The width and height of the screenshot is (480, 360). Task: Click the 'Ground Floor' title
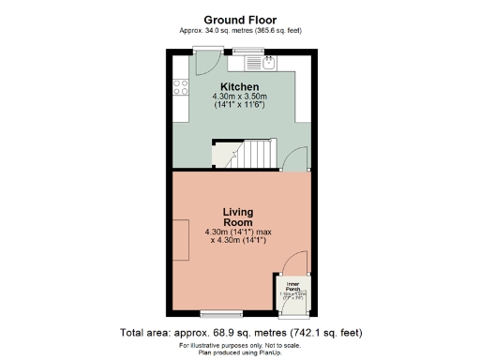coord(240,19)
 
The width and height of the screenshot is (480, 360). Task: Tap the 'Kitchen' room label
coord(240,86)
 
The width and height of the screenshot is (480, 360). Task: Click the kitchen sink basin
coord(268,64)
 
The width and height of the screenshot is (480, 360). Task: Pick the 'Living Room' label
coord(239,217)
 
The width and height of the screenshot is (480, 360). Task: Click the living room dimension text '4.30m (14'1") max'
coord(239,232)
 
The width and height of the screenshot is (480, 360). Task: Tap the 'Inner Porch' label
coord(292,284)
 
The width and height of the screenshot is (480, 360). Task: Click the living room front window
coord(222,311)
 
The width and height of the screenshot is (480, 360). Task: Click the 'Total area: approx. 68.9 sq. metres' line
coord(240,332)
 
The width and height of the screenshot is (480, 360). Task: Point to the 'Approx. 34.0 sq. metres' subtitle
coord(240,30)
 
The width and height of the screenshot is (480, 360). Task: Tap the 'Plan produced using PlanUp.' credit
coord(240,352)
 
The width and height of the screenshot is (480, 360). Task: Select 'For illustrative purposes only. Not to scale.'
coord(240,344)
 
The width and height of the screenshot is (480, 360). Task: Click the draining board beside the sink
coord(250,64)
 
